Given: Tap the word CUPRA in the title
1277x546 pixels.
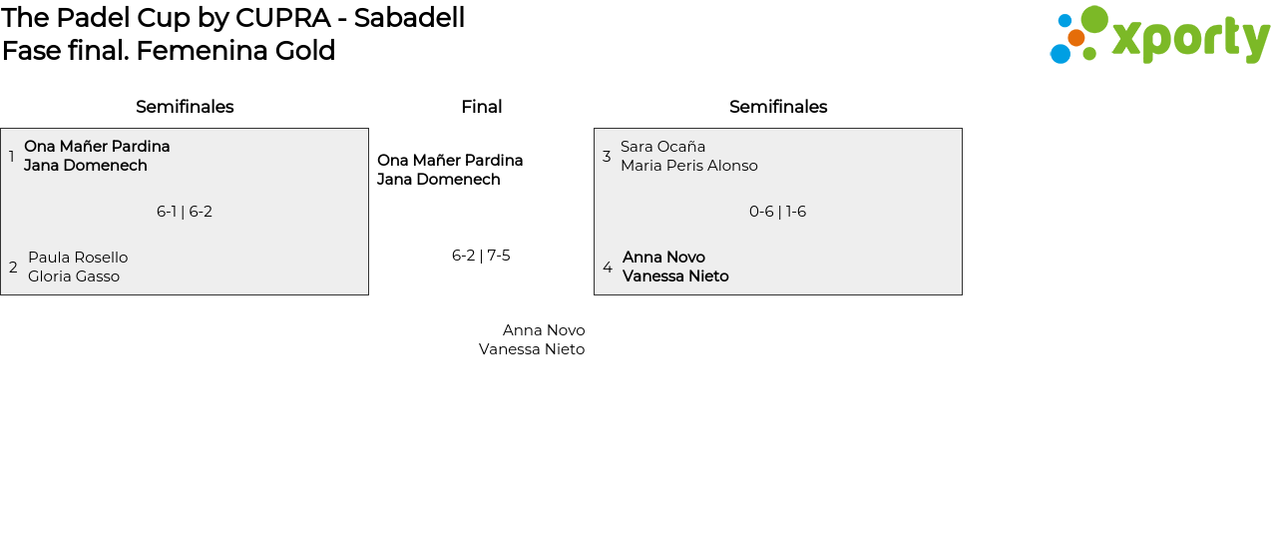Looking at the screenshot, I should point(282,18).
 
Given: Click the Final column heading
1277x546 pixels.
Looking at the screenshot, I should point(481,107).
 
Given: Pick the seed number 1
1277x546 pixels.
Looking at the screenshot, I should point(12,157).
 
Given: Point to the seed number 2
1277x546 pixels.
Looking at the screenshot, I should point(13,268).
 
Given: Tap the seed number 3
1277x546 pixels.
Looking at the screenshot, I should point(607,157).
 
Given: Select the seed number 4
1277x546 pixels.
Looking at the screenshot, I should point(608,268).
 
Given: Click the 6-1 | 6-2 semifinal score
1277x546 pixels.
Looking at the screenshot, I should point(185,212).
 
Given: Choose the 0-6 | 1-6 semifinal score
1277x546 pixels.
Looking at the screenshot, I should point(777,212).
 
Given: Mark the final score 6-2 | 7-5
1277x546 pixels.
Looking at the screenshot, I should point(481,256).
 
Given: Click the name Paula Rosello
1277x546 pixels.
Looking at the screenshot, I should point(78,258).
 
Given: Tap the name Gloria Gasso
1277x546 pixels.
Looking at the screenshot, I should point(74,276).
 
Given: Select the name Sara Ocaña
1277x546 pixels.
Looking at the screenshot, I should point(662,147).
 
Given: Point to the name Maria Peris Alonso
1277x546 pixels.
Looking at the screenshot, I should point(689,166).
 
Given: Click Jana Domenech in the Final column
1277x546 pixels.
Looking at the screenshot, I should point(439,180).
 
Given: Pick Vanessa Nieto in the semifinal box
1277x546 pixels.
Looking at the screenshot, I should point(675,276).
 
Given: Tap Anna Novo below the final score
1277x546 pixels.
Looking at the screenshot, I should point(544,330).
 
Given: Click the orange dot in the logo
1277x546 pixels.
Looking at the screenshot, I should point(1075,38).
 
